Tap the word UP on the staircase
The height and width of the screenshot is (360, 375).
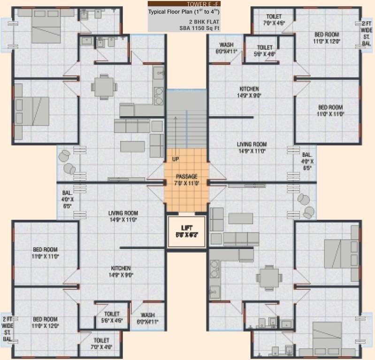coord(175,159)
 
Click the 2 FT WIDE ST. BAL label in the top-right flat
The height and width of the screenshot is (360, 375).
coord(366,33)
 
